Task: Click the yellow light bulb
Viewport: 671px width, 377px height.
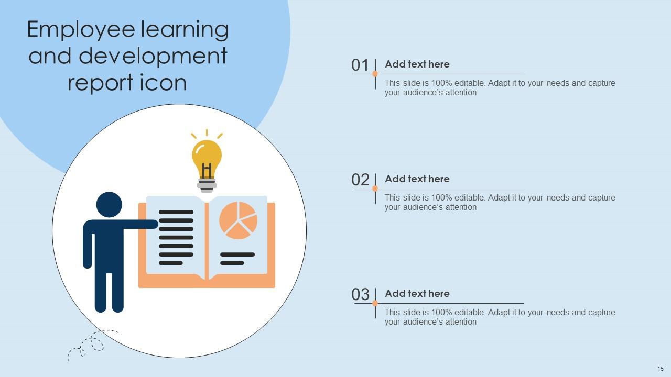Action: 207,157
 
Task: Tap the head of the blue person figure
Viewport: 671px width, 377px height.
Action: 109,205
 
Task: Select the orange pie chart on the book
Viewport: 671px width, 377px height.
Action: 238,220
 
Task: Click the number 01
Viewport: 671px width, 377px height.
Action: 360,65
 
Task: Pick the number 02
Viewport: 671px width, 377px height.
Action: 360,180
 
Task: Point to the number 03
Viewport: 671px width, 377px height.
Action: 360,295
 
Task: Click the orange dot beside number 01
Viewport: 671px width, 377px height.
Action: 375,74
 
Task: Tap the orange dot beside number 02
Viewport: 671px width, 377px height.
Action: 375,188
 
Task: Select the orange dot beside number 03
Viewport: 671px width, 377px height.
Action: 375,303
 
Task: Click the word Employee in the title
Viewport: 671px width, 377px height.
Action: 82,30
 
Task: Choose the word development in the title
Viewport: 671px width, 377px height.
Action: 153,56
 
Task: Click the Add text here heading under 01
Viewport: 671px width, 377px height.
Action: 417,64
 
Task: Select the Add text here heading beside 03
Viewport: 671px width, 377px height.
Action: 417,294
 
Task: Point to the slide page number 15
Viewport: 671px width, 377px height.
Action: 660,369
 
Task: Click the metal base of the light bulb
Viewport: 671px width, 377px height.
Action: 207,185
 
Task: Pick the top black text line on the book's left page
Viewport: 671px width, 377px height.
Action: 176,212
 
